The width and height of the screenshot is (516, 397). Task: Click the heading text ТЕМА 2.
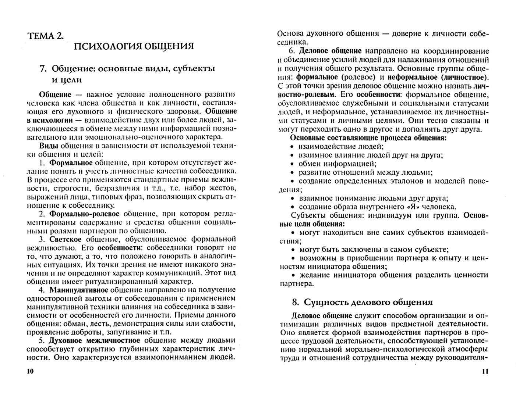click(x=45, y=36)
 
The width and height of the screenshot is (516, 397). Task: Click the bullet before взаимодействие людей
click(x=292, y=146)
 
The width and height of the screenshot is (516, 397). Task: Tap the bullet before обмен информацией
click(x=292, y=164)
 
